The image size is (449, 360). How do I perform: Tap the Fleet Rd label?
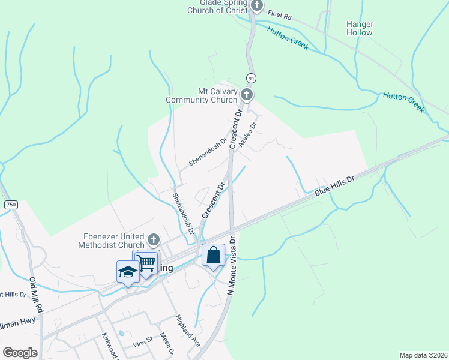pos(279,14)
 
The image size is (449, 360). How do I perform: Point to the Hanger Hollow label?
pos(360,28)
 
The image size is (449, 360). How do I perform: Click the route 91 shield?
pos(250,77)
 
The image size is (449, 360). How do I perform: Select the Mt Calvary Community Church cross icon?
pos(246,94)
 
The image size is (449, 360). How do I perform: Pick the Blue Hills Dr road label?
pos(335,187)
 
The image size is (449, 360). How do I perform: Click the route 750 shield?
pos(10,205)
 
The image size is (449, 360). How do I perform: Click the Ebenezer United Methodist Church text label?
pos(112,241)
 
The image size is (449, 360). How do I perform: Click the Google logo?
pos(20,353)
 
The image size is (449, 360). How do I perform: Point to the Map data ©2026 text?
pos(423,355)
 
